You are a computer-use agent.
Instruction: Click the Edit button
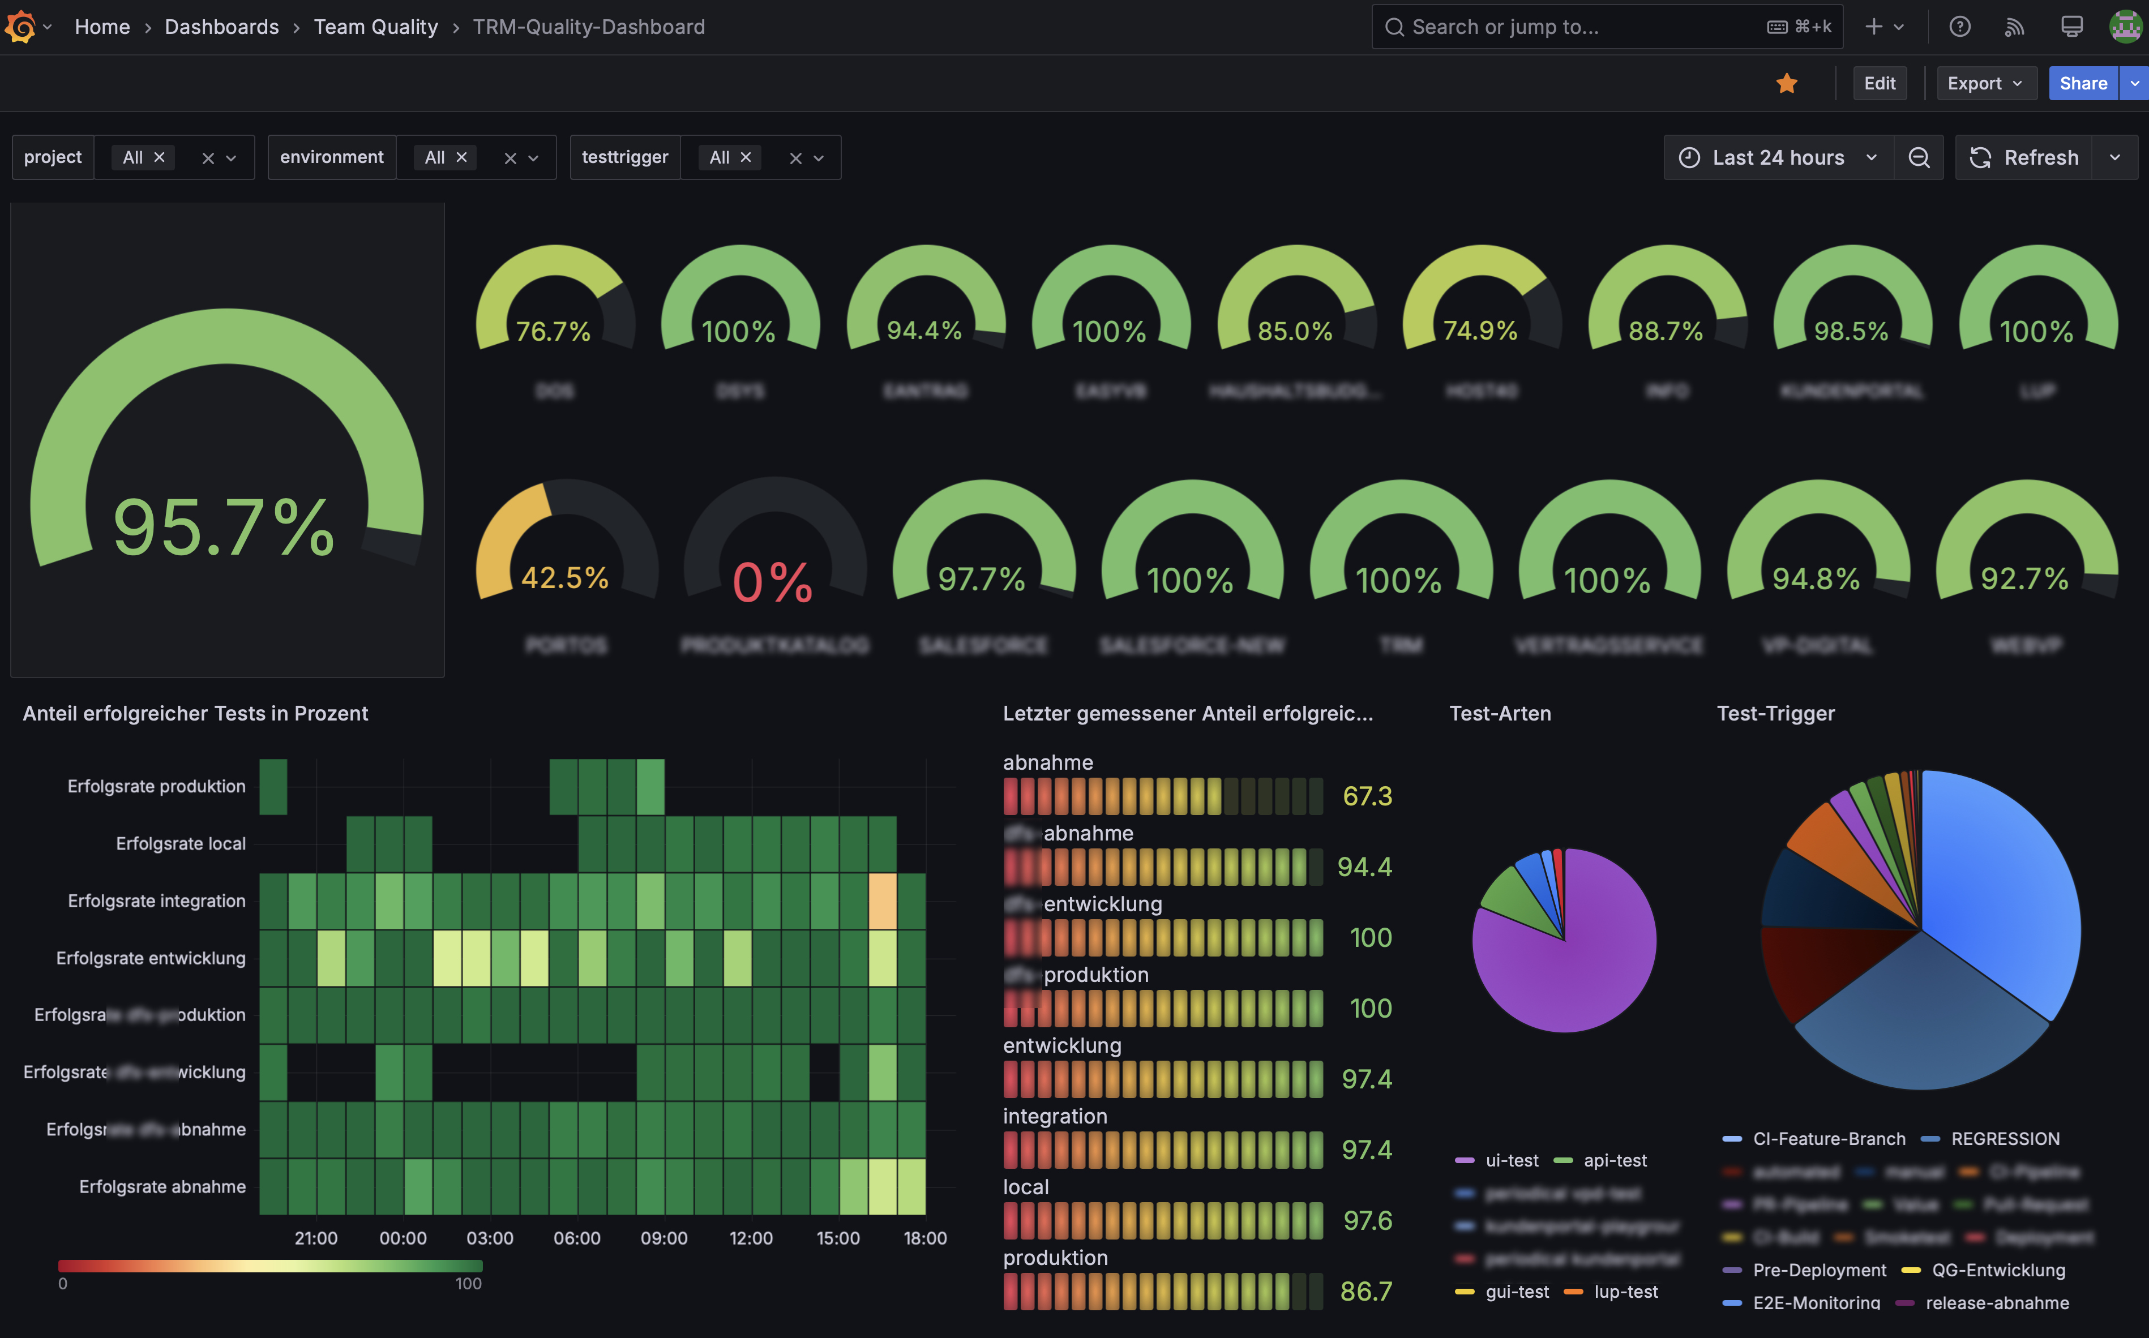pyautogui.click(x=1879, y=83)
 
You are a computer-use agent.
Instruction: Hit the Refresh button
pyautogui.click(x=2024, y=157)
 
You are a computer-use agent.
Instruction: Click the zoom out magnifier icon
pyautogui.click(x=1918, y=157)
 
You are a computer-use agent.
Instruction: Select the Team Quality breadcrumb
pyautogui.click(x=375, y=27)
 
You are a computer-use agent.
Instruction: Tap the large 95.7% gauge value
pyautogui.click(x=224, y=528)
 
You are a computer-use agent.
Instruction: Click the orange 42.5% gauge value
pyautogui.click(x=564, y=578)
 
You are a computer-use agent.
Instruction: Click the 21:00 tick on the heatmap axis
pyautogui.click(x=316, y=1238)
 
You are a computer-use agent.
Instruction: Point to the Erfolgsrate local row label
pyautogui.click(x=181, y=843)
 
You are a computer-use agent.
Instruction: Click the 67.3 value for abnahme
pyautogui.click(x=1367, y=796)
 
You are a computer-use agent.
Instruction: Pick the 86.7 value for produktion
pyautogui.click(x=1365, y=1291)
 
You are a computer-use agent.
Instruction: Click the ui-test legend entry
pyautogui.click(x=1511, y=1160)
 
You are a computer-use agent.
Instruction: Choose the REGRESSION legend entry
pyautogui.click(x=2005, y=1139)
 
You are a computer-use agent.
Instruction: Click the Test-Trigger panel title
pyautogui.click(x=1775, y=713)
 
